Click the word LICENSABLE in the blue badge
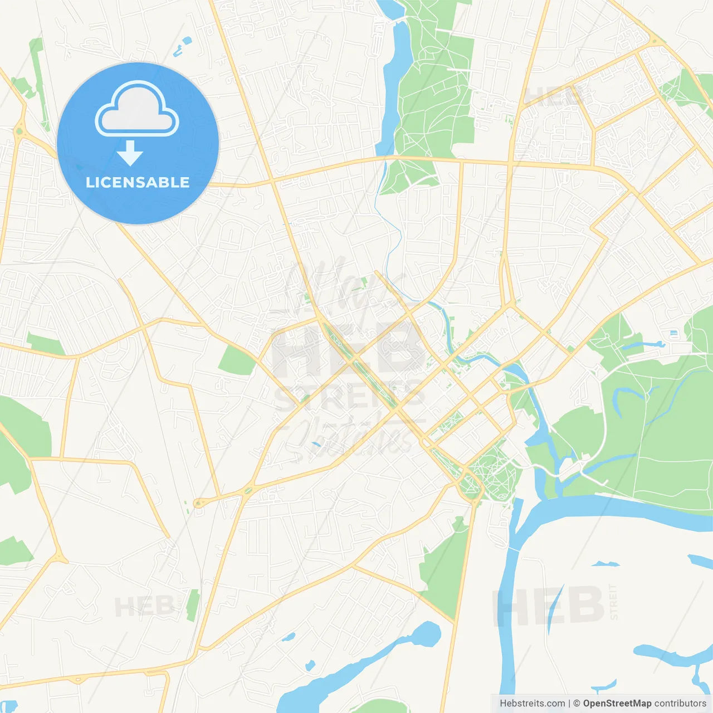tap(138, 182)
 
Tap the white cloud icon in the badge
tap(137, 110)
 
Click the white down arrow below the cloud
tap(130, 153)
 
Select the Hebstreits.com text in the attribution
tap(532, 704)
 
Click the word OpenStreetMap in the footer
tap(617, 704)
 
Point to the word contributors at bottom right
tap(680, 704)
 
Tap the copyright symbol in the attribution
tap(577, 704)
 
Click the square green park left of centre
tap(237, 360)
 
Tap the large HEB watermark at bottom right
tap(549, 605)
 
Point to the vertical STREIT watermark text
tap(613, 602)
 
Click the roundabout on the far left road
tap(20, 131)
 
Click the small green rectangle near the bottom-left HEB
tap(192, 605)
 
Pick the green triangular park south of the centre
tap(446, 568)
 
